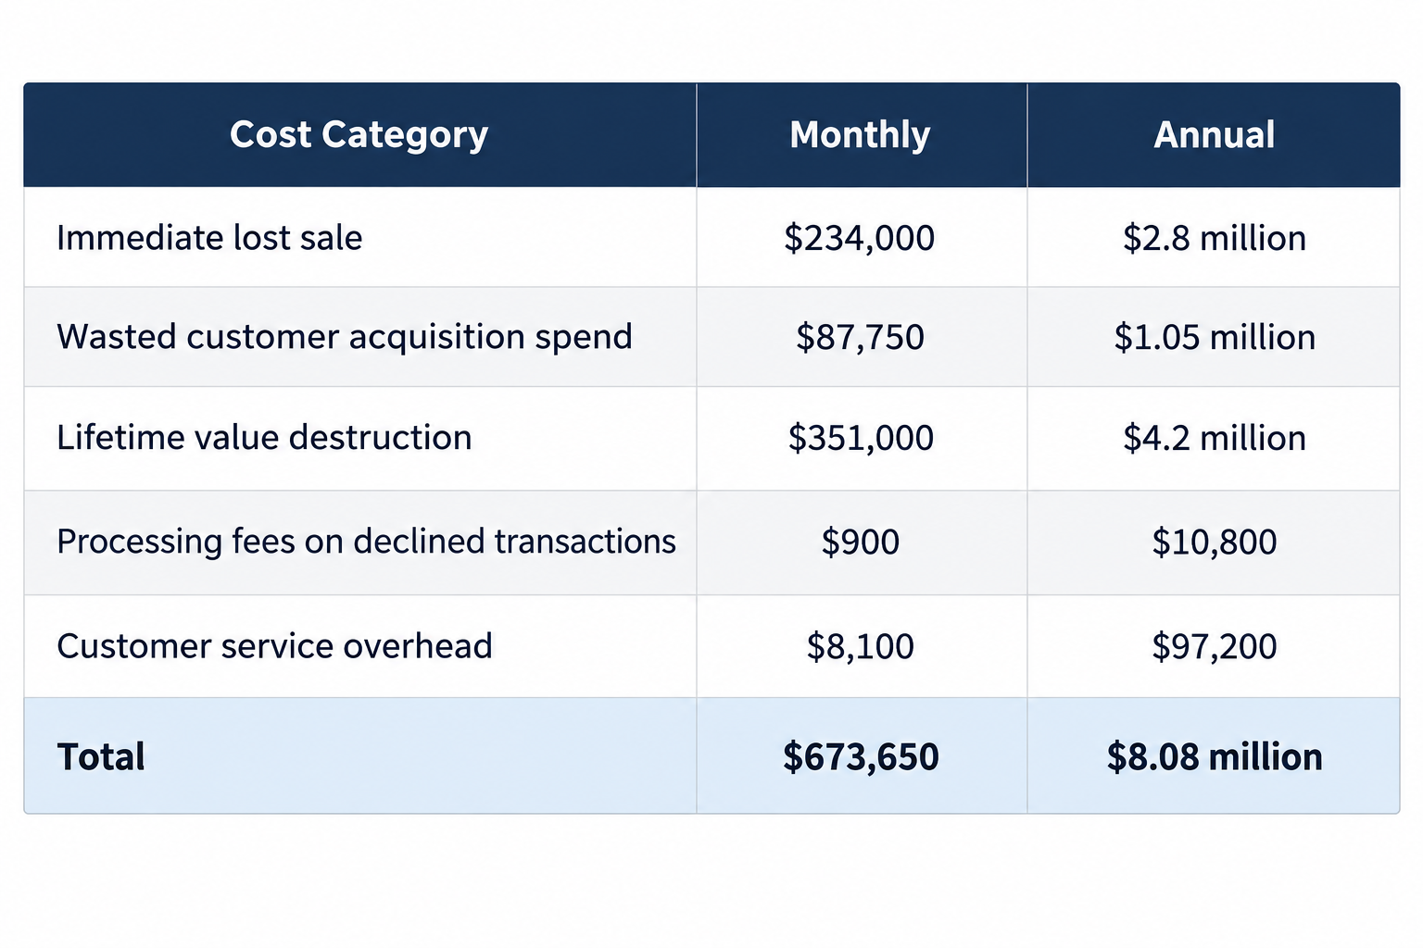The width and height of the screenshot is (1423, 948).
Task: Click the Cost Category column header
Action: pyautogui.click(x=359, y=135)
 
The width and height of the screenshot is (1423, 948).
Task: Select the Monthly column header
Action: pyautogui.click(x=860, y=135)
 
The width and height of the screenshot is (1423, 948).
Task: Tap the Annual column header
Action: pyautogui.click(x=1214, y=134)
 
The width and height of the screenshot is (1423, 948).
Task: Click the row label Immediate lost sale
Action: pyautogui.click(x=209, y=238)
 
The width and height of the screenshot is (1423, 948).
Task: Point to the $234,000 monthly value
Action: pyautogui.click(x=860, y=238)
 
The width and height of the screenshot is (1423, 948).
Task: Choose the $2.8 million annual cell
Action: pyautogui.click(x=1214, y=238)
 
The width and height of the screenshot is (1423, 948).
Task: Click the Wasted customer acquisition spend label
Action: pyautogui.click(x=345, y=337)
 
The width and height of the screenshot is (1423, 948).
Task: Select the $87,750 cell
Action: pyautogui.click(x=860, y=337)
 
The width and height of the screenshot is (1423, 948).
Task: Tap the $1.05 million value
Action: pyautogui.click(x=1214, y=337)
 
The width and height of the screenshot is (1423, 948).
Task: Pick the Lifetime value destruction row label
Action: pyautogui.click(x=264, y=438)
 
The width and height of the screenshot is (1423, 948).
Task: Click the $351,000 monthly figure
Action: pyautogui.click(x=861, y=438)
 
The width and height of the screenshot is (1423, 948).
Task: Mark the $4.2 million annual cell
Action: pyautogui.click(x=1214, y=438)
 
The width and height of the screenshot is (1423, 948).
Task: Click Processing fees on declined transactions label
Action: pyautogui.click(x=367, y=542)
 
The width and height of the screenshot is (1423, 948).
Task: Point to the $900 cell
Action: pyautogui.click(x=860, y=543)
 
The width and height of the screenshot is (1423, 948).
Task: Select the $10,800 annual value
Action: pyautogui.click(x=1214, y=543)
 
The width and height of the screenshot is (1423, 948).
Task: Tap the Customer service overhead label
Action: pyautogui.click(x=274, y=646)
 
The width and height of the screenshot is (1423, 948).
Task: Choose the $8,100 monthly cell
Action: pyautogui.click(x=860, y=646)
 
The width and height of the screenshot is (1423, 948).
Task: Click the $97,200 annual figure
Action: pyautogui.click(x=1214, y=646)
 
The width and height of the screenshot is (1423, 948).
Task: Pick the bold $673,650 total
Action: pyautogui.click(x=861, y=757)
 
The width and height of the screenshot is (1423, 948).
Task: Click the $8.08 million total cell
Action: pyautogui.click(x=1214, y=757)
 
